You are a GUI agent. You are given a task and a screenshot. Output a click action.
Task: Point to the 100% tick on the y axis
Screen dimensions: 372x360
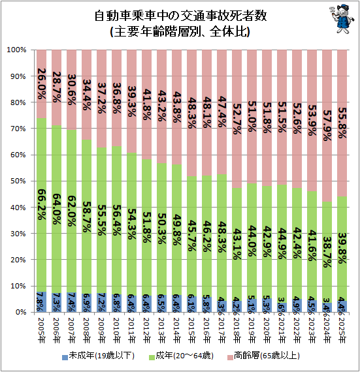pyautogui.click(x=16, y=50)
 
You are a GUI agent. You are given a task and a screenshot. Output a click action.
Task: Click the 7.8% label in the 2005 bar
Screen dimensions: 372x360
pyautogui.click(x=41, y=302)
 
